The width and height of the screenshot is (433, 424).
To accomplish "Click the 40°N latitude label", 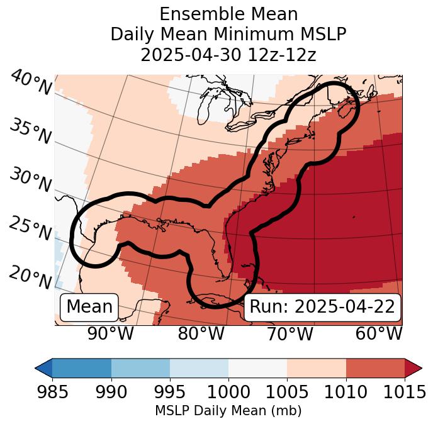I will coord(30,83).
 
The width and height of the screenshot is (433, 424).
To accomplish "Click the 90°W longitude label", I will coord(110,334).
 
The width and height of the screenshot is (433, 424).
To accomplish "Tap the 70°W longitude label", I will coord(290,334).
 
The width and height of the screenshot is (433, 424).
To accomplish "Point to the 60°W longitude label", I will coord(378,334).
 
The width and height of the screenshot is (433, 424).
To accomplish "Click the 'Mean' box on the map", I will coord(89,307).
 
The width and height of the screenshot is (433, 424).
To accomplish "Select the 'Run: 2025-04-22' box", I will coord(322,307).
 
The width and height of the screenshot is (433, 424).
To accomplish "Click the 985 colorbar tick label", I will coord(52,393).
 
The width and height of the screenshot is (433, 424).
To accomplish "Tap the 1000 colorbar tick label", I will coord(228,393).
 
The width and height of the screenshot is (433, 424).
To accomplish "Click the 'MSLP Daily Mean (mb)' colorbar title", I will coord(228,411).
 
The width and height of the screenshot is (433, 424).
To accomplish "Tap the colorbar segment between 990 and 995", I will coord(140,367).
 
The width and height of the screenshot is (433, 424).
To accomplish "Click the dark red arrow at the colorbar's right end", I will coord(413,367).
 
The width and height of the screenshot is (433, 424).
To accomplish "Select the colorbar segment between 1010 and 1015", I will coord(375,367).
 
